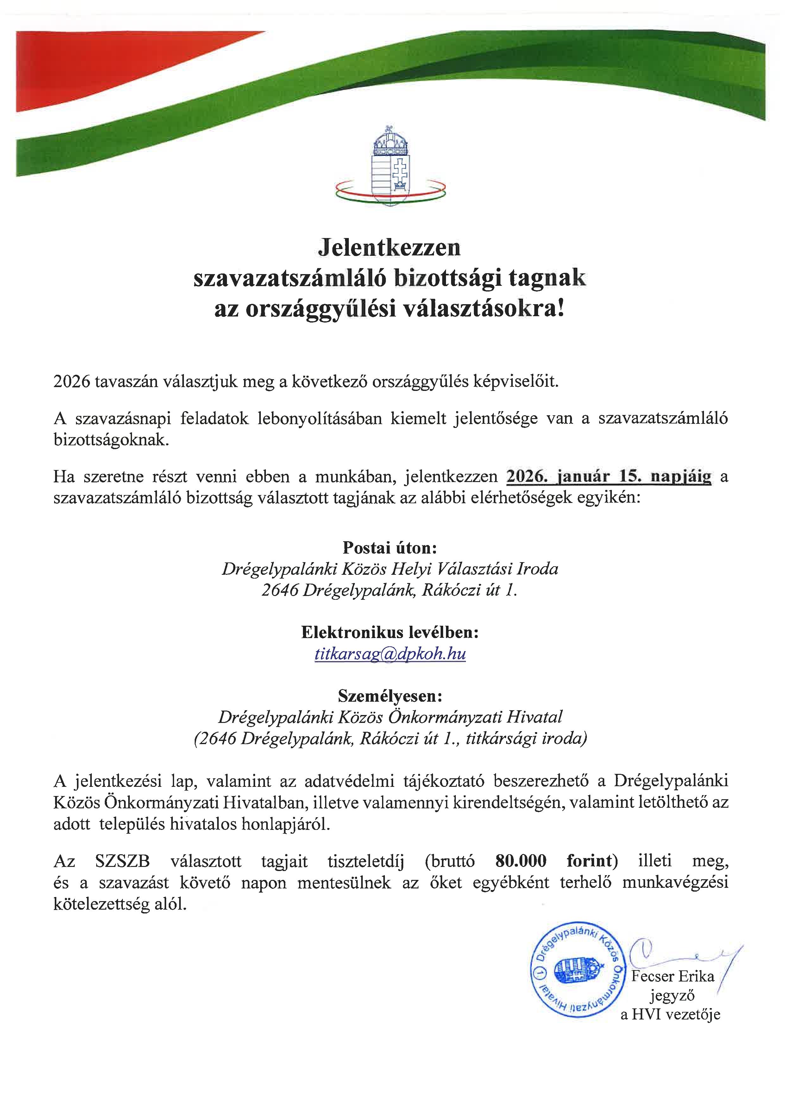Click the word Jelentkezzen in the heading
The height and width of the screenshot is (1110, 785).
390,248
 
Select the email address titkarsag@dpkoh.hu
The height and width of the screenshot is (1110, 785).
390,654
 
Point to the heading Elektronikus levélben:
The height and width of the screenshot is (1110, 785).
390,632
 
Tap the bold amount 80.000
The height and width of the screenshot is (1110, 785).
521,861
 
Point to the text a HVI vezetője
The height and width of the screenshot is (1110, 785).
670,1014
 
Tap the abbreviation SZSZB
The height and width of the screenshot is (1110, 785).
122,861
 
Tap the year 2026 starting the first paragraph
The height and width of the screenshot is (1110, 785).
72,382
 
